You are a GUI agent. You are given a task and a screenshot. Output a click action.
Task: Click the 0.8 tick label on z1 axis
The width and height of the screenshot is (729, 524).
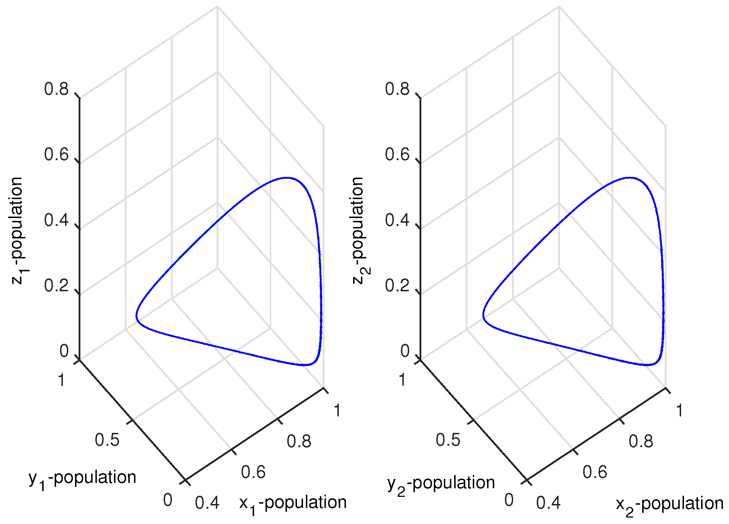[56, 89]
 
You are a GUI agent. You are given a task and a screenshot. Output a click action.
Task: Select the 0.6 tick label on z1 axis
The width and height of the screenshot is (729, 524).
[56, 154]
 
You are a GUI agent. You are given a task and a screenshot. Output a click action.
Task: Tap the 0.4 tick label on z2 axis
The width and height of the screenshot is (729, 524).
[397, 220]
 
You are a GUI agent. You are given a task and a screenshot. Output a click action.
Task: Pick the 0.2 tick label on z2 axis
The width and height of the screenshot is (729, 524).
[397, 286]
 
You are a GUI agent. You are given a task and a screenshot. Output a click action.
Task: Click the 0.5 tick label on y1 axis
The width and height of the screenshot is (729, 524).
[107, 440]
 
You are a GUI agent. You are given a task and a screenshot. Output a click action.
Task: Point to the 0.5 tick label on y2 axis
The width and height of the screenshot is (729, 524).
[448, 440]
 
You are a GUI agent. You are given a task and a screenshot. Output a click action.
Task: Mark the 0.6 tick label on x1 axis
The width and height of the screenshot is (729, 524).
[253, 472]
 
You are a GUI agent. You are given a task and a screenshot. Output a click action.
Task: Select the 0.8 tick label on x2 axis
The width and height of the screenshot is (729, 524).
[641, 441]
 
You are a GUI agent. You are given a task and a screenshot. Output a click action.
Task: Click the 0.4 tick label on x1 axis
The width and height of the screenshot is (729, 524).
[207, 503]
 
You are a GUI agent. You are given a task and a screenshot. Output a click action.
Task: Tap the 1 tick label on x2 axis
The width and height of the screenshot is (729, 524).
[679, 411]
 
